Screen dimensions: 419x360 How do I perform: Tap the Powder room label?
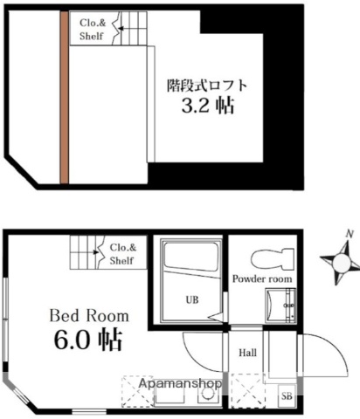point(262,278)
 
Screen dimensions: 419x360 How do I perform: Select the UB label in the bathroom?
point(191,299)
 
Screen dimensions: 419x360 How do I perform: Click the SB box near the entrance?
point(286,395)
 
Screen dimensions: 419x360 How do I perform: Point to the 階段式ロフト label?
point(207,86)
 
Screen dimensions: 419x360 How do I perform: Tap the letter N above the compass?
point(348,234)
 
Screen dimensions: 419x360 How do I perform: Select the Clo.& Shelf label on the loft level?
point(92,31)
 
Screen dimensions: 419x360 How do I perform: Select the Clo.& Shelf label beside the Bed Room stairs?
point(121,253)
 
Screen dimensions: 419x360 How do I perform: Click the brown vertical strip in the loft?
point(64,97)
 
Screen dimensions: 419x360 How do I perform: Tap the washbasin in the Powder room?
point(281,306)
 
